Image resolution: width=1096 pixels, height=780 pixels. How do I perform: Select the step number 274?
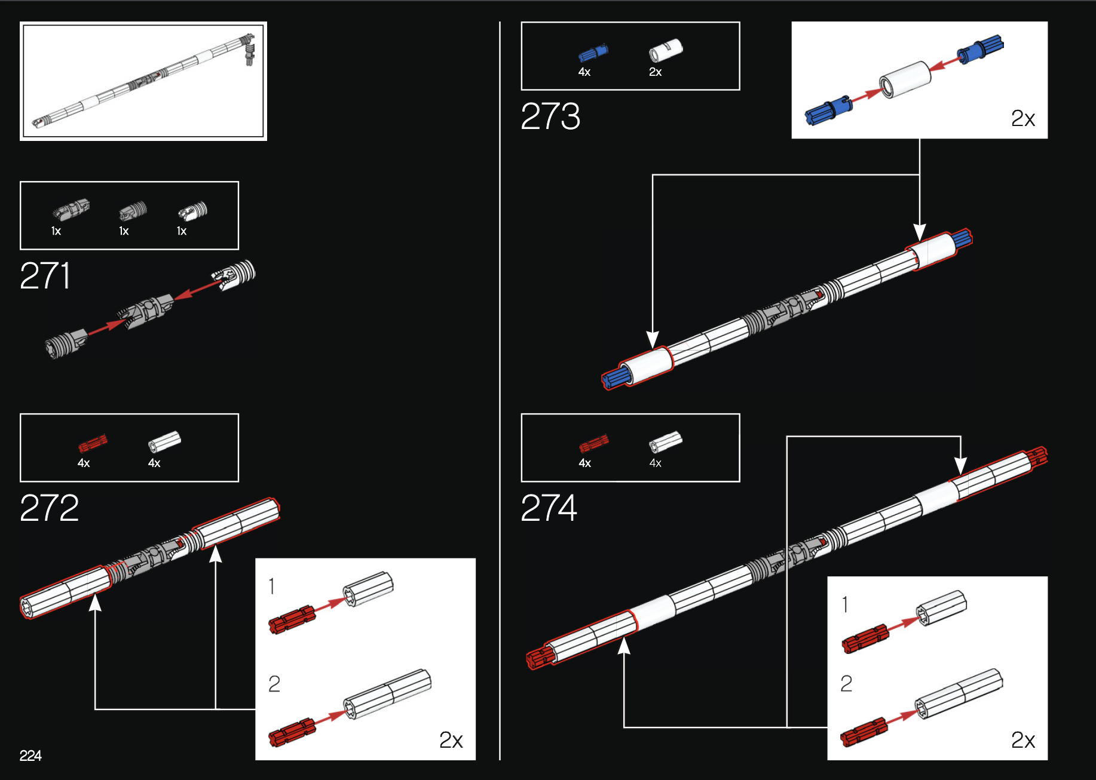(549, 508)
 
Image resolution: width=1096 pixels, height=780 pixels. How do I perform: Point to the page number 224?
(30, 756)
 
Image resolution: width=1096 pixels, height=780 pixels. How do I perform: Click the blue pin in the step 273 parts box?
(593, 53)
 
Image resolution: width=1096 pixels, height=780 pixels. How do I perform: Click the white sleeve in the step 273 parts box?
(665, 51)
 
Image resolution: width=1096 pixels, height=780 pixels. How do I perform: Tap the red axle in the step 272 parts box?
(93, 443)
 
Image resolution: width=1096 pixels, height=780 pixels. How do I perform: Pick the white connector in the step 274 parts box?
(665, 442)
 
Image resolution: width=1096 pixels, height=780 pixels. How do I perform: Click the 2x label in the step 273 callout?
(1022, 118)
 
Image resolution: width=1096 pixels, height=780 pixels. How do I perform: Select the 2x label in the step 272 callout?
(451, 740)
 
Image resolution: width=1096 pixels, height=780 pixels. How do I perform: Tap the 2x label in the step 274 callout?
(1022, 740)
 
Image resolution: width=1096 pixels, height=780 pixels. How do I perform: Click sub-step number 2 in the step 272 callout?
(274, 683)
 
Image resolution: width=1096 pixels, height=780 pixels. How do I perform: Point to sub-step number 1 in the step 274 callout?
(845, 604)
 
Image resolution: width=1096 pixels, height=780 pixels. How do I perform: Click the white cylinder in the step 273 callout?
(905, 79)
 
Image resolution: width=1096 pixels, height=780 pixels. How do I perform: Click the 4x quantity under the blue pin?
(584, 72)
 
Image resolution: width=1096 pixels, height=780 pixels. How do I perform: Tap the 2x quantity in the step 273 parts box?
(655, 72)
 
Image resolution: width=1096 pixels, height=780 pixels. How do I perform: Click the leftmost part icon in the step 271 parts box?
(71, 209)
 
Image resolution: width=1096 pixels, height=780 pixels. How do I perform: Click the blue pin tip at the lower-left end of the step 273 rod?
(615, 378)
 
